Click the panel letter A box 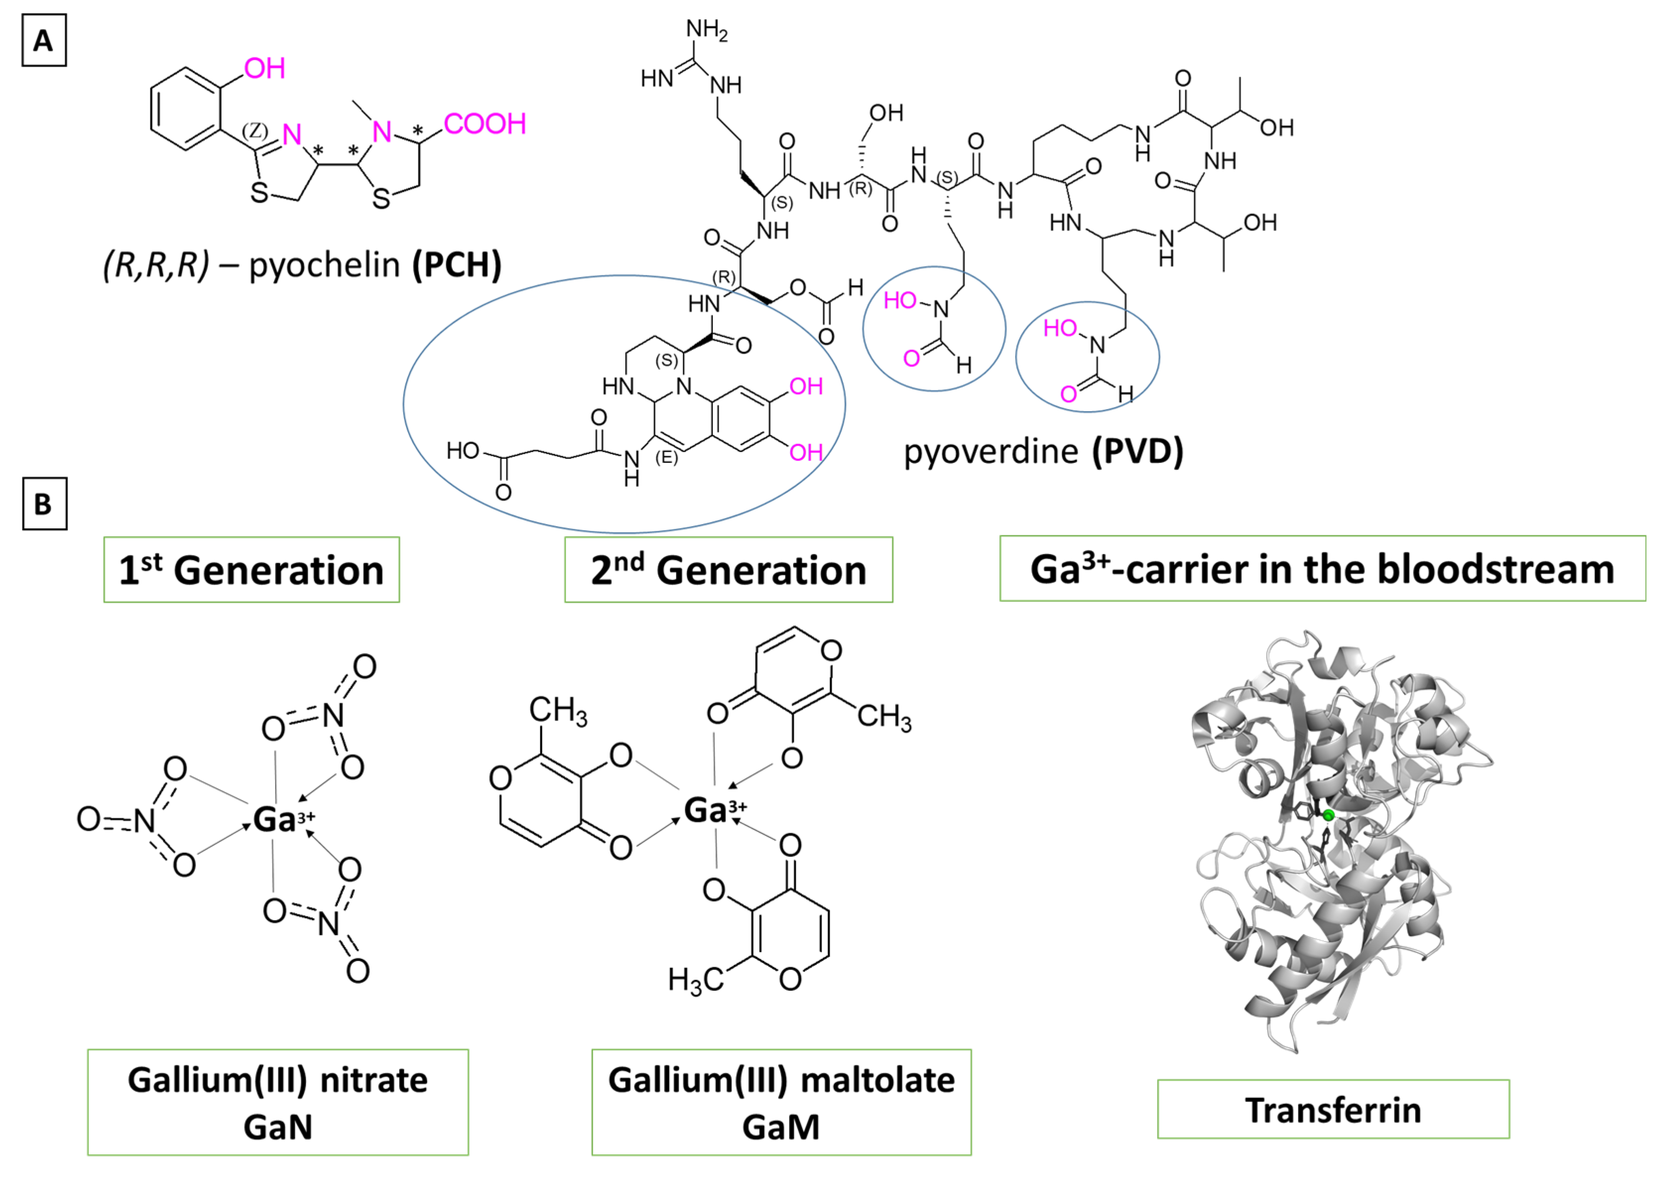click(x=44, y=41)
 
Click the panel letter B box click(x=44, y=504)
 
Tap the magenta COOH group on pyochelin click(x=484, y=124)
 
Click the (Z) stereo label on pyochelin click(x=255, y=131)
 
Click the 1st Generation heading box click(x=251, y=569)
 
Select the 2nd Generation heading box click(x=728, y=569)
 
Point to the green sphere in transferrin click(x=1328, y=816)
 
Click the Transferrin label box click(x=1333, y=1110)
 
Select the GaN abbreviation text click(x=277, y=1127)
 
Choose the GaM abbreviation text click(x=781, y=1127)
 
